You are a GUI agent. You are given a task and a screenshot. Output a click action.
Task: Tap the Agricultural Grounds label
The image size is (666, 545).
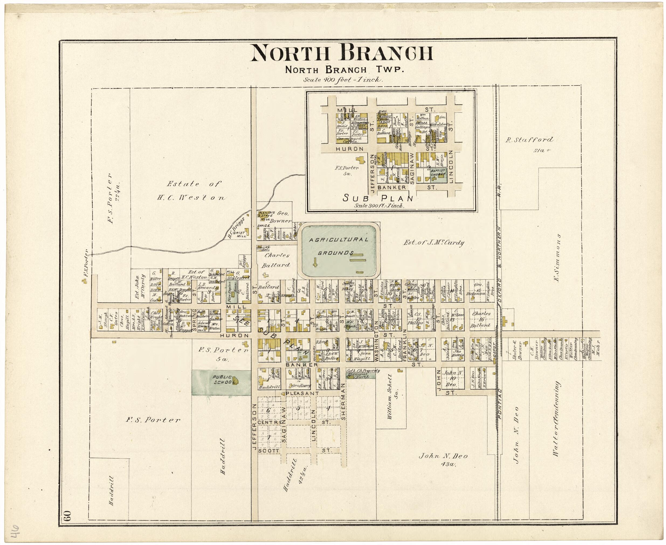point(338,246)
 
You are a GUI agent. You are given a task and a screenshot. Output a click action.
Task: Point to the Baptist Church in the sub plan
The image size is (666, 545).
point(438,172)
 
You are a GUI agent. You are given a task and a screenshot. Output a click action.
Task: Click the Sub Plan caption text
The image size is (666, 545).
point(377,198)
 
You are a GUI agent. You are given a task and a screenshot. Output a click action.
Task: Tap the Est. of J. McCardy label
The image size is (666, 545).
point(433,243)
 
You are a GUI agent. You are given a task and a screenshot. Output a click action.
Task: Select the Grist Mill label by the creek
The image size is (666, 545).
point(240,234)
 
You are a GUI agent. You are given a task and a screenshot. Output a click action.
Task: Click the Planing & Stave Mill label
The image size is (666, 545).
point(264,216)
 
